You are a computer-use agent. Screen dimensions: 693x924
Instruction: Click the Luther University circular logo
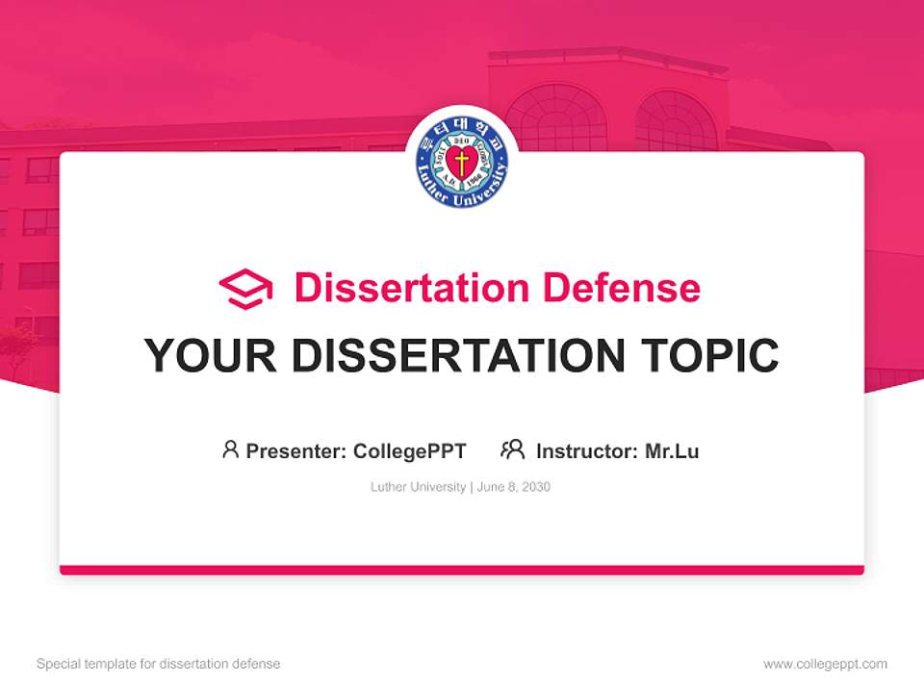462,163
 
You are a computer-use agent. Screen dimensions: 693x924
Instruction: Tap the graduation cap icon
245,289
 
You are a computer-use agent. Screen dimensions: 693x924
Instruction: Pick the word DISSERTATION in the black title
458,355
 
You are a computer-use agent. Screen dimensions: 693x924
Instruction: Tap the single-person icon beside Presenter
230,449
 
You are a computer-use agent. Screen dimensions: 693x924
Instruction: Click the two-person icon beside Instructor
513,449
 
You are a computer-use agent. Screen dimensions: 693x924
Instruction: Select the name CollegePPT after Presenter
410,450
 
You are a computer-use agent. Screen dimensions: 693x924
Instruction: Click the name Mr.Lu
672,450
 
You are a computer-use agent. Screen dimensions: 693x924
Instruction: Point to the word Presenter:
297,450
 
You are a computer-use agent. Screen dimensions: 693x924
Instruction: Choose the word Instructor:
587,450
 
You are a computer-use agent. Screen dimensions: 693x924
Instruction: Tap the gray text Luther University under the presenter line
418,487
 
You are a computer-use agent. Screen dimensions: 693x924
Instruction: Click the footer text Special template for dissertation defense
159,664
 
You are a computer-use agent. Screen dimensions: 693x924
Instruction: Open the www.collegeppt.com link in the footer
825,664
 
